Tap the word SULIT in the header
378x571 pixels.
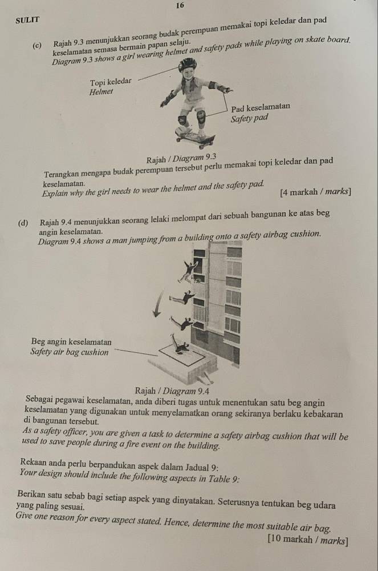[27, 19]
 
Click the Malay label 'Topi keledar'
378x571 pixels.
[111, 82]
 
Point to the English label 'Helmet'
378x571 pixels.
[103, 92]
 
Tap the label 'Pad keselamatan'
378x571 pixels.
[261, 107]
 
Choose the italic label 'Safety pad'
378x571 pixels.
[249, 119]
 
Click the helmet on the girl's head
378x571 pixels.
[187, 64]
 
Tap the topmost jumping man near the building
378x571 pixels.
[187, 273]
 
